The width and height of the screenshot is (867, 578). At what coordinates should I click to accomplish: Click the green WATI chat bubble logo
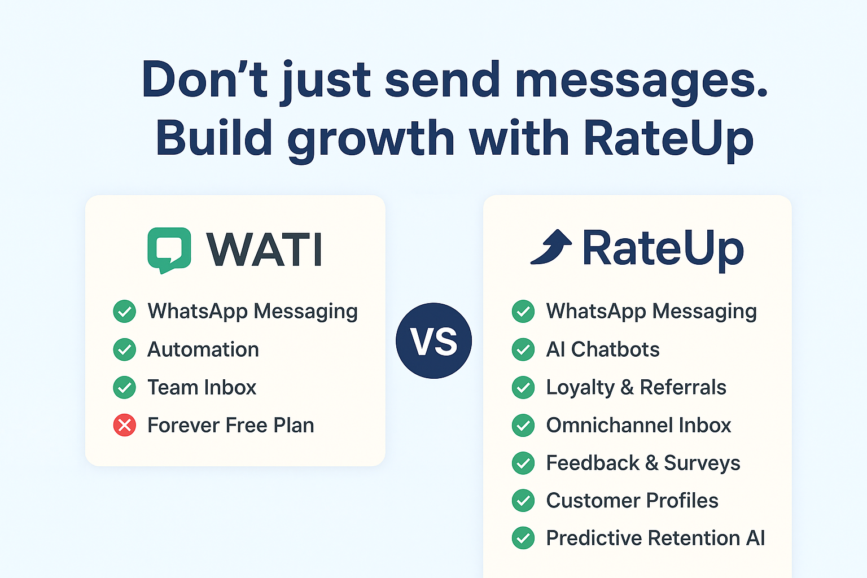(x=169, y=249)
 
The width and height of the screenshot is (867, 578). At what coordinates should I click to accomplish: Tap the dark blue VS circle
(x=433, y=341)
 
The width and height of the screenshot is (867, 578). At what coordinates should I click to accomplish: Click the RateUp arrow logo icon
(x=551, y=247)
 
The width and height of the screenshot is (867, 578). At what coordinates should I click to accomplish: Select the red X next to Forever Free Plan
(x=125, y=425)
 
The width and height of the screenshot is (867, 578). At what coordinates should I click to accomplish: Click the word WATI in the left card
(x=264, y=249)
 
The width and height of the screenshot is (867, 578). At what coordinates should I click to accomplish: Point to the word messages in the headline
(x=641, y=82)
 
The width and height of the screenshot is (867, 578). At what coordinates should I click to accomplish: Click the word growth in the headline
(x=371, y=140)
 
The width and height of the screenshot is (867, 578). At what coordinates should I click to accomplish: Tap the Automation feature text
(x=203, y=349)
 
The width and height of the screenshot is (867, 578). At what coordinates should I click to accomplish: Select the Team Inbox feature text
(x=202, y=387)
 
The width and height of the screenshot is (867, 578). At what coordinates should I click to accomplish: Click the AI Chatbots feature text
(x=603, y=349)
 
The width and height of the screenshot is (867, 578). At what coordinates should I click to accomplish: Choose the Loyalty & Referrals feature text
(x=636, y=388)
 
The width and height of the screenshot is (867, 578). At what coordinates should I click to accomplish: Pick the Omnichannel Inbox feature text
(x=638, y=425)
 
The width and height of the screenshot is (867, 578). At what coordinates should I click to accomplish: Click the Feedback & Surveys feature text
(x=643, y=463)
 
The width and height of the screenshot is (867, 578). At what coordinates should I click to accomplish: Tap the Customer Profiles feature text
(x=632, y=501)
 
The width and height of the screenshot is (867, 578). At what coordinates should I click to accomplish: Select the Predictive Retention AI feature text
(x=655, y=538)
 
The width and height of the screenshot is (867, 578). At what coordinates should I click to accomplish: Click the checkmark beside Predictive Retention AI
(x=523, y=538)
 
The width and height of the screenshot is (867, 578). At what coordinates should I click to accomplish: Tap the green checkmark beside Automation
(x=125, y=349)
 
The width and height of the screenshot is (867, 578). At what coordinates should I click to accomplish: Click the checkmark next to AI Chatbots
(x=523, y=349)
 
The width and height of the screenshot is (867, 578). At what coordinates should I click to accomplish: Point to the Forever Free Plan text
(x=231, y=425)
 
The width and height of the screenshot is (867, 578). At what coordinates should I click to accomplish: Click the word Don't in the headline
(x=204, y=80)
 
